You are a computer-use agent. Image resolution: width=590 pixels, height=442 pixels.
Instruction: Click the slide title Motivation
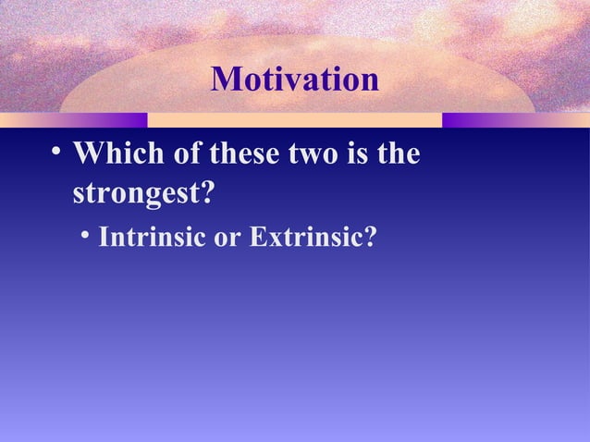tap(295, 80)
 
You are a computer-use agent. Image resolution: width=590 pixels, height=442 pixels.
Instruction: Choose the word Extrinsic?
tap(312, 238)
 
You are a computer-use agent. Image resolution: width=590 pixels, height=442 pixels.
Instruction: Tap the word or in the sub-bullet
tap(227, 238)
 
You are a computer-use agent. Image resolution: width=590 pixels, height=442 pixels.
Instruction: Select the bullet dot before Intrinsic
tap(86, 237)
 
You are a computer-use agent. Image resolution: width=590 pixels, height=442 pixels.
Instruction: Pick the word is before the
tap(363, 154)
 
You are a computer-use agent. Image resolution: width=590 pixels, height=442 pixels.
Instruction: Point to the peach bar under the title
tap(294, 120)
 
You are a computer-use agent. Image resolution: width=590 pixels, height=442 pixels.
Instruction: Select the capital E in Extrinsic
tap(256, 238)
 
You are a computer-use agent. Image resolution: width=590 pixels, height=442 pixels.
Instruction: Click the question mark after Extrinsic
tap(370, 238)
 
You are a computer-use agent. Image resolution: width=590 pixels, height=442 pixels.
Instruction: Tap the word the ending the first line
tap(399, 154)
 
